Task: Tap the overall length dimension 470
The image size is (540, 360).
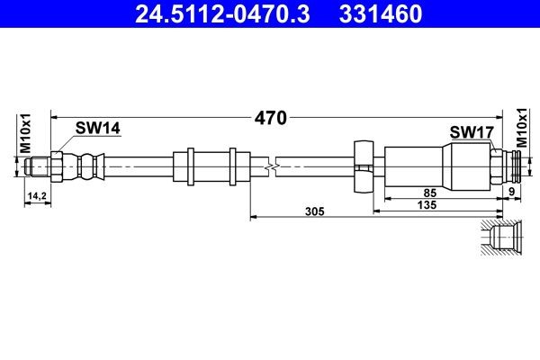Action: [269, 117]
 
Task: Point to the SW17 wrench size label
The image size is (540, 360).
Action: [472, 133]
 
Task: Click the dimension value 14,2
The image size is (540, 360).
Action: [37, 194]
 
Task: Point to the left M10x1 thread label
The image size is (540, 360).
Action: [26, 133]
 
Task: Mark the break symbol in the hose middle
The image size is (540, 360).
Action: [270, 166]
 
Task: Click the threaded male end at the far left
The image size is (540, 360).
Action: [36, 166]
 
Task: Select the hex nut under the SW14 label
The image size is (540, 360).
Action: [57, 166]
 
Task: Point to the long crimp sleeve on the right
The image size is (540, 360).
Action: [436, 166]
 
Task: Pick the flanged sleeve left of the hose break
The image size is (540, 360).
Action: [211, 166]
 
